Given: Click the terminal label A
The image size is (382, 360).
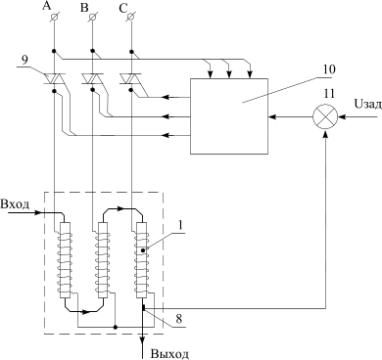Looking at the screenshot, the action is tap(47, 6).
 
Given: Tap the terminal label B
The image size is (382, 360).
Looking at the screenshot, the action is tap(84, 8).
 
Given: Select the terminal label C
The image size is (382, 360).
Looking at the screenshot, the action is tap(122, 9).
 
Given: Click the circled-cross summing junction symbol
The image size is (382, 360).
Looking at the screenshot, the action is tap(325, 116).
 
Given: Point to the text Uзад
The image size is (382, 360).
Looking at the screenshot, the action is tap(367, 105).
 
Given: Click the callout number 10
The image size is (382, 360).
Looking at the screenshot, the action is tap(329, 69).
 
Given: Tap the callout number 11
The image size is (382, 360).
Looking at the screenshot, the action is tap(329, 94).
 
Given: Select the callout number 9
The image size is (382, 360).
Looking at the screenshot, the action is tap(24, 60).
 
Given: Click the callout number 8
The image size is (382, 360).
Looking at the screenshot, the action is tap(178, 319).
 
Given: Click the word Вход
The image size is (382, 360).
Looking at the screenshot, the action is tap(15, 204).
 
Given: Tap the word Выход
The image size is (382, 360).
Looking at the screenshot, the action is tap(169, 354).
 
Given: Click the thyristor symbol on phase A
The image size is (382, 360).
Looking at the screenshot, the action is tap(54, 78).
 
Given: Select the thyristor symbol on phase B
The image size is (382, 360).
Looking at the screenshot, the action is tap(92, 78).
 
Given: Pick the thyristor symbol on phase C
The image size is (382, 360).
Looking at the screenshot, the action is tap(131, 78).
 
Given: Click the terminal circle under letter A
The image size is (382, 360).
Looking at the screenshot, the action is tap(53, 18).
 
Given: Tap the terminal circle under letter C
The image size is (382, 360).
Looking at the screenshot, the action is tap(130, 17).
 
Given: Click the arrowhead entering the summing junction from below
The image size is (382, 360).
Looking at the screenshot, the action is tap(325, 134).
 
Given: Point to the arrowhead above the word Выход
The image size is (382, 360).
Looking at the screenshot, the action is tap(143, 340).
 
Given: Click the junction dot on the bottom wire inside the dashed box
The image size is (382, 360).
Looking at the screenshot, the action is tap(115, 326).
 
